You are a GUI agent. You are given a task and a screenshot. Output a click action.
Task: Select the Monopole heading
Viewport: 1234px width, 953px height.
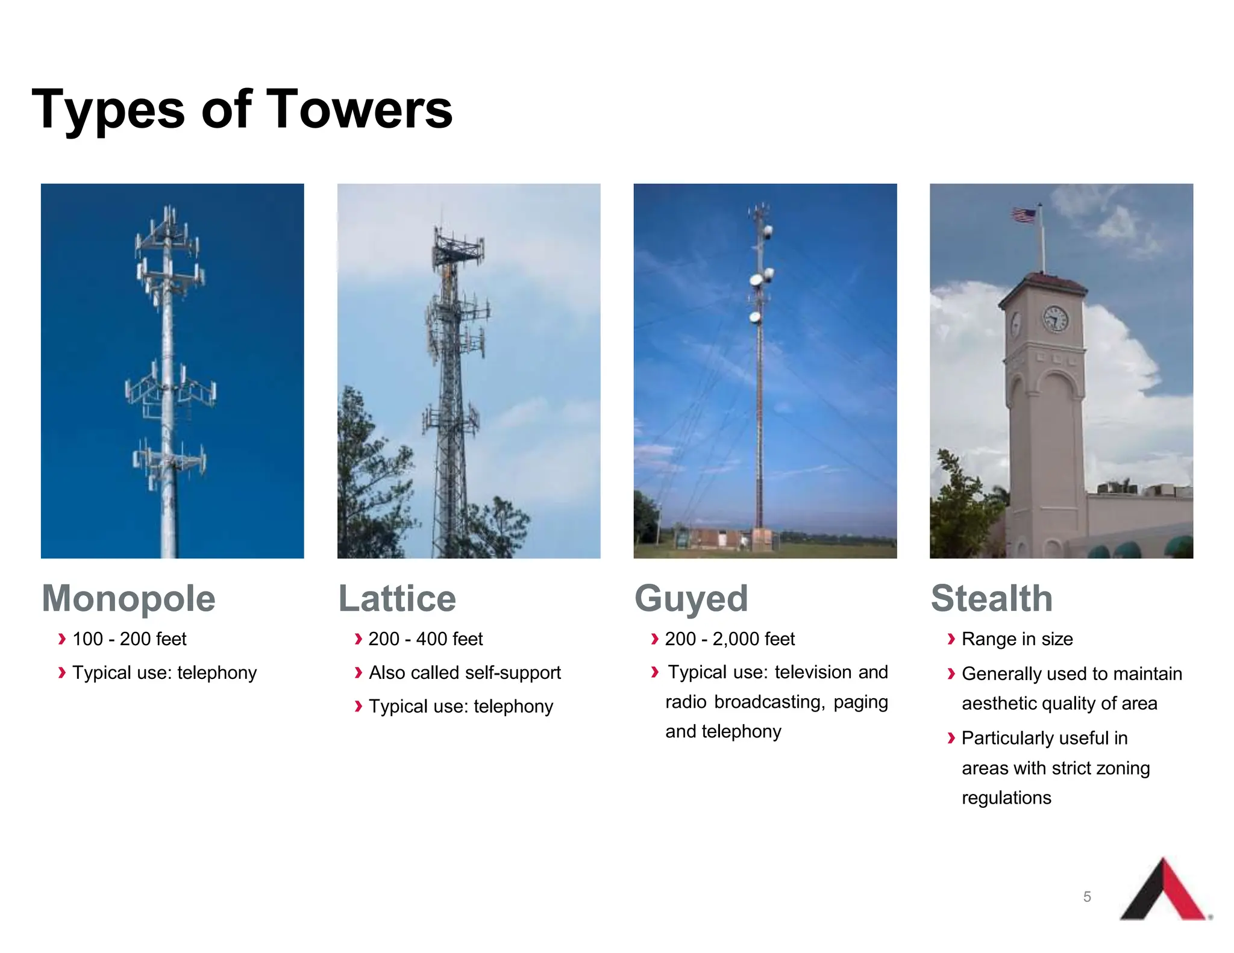coord(128,598)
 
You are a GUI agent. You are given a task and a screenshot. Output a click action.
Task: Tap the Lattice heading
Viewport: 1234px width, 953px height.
coord(397,598)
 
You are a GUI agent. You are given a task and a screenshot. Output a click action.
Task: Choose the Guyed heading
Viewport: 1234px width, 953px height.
coord(691,598)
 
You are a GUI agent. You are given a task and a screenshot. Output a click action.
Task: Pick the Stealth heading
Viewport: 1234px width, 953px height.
coord(992,598)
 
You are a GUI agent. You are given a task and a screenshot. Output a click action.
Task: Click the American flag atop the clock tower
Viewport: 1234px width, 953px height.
coord(1024,215)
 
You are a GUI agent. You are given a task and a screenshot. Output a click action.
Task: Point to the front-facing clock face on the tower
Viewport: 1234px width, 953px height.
coord(1055,318)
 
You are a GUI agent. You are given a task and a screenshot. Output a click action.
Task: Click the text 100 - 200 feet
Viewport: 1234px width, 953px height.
coord(129,639)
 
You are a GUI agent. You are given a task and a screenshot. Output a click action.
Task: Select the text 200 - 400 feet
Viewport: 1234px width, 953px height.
coord(425,639)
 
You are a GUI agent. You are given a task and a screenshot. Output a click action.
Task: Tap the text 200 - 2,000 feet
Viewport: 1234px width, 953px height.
coord(730,639)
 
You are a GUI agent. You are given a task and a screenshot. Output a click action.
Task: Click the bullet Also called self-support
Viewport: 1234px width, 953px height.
coord(465,672)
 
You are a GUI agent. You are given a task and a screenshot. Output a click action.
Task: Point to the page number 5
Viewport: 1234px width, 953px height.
coord(1087,896)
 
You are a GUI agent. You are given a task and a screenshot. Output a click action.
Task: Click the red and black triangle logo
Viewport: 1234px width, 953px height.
coord(1164,892)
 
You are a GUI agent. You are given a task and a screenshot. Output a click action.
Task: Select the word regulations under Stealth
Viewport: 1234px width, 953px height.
coord(1006,798)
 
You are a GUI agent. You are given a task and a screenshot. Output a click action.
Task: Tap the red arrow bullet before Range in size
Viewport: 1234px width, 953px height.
coord(951,639)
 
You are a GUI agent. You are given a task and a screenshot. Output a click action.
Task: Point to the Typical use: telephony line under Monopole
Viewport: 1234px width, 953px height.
coord(164,672)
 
